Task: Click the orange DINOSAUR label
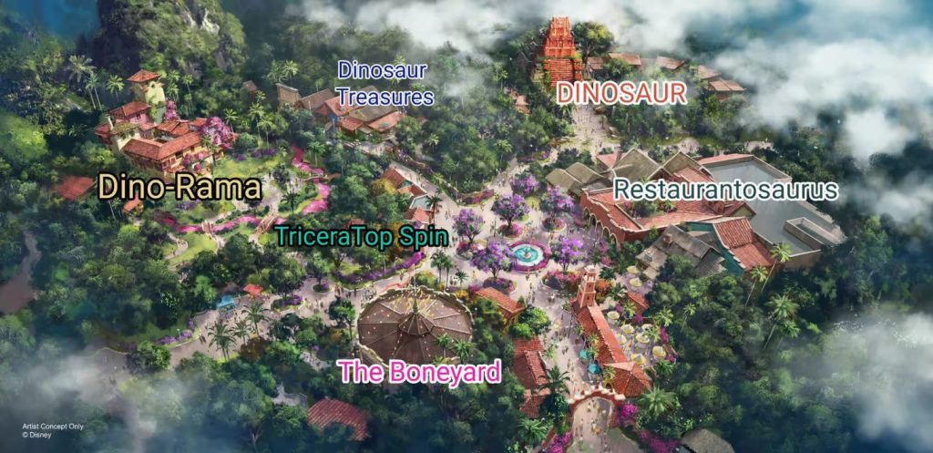(620, 92)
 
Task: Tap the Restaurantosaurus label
(725, 190)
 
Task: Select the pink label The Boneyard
(420, 371)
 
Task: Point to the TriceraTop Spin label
(362, 237)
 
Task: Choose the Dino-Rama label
(179, 188)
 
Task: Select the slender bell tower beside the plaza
(587, 287)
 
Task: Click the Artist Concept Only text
(56, 427)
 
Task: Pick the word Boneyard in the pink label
(445, 371)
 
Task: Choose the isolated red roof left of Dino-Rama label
(74, 188)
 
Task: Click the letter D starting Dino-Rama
(109, 188)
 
